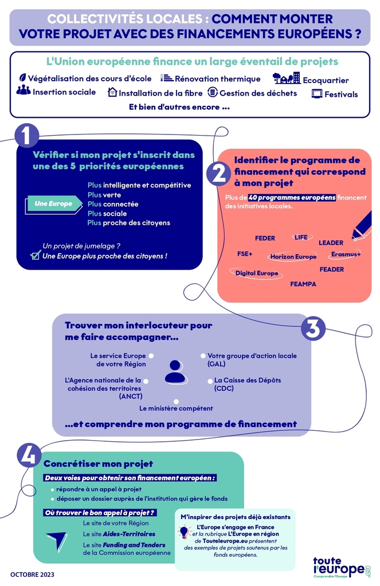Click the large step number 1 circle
click(26, 136)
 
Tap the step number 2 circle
click(219, 174)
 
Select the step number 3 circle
click(314, 328)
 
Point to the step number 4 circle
click(29, 455)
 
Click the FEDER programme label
click(265, 238)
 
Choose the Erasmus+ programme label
click(346, 255)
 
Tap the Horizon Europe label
click(293, 257)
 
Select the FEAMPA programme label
click(303, 284)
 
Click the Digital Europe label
click(256, 273)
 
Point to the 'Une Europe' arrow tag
click(53, 204)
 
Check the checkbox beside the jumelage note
click(36, 255)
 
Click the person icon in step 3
click(175, 372)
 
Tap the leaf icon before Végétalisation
click(23, 78)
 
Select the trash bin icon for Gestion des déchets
click(213, 92)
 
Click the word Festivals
click(341, 94)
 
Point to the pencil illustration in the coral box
click(362, 225)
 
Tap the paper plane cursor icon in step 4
click(57, 541)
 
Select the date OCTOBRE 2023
click(32, 575)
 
